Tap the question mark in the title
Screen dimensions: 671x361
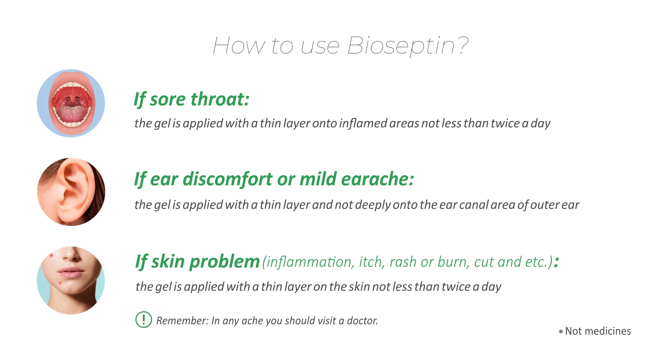click(x=462, y=45)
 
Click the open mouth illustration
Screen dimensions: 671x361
click(x=71, y=103)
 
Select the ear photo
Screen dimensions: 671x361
click(x=71, y=192)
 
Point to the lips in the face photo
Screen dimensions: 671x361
click(x=70, y=273)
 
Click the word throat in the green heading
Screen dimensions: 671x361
click(x=220, y=99)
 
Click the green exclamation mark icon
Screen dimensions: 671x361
click(x=144, y=319)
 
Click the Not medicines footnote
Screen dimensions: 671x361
click(x=595, y=331)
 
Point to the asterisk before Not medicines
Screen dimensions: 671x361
click(x=561, y=332)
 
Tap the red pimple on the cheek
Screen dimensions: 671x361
click(x=51, y=255)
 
